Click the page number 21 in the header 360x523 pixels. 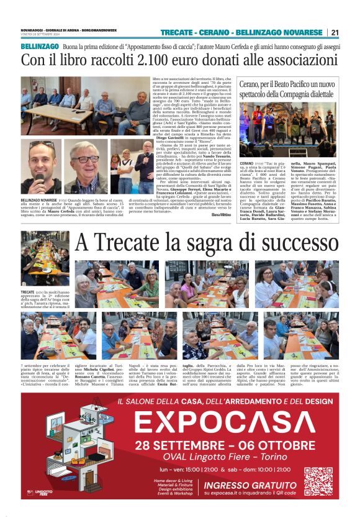pos(335,32)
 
